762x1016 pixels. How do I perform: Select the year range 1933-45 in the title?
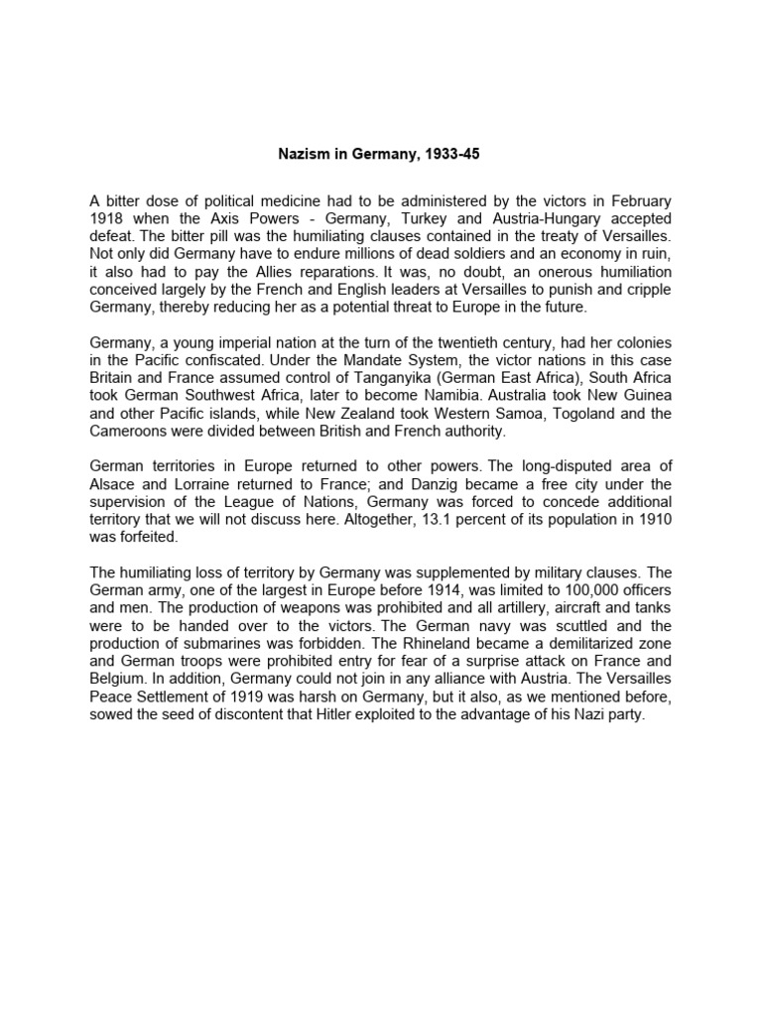click(455, 156)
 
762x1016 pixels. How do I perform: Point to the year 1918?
click(108, 218)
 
